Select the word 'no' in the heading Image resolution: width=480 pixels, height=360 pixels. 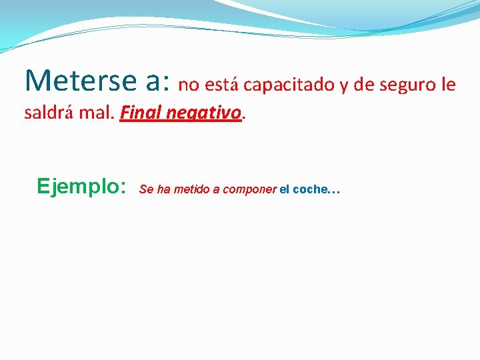click(189, 85)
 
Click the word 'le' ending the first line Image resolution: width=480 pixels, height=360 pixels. click(449, 85)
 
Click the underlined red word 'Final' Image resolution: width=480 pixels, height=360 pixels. click(140, 113)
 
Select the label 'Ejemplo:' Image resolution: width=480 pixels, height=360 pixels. click(82, 186)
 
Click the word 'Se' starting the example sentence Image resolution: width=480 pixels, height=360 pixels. click(146, 189)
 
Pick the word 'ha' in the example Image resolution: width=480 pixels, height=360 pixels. click(163, 189)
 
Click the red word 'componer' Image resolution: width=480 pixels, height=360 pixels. click(249, 190)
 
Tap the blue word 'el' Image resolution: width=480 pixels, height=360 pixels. click(285, 189)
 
